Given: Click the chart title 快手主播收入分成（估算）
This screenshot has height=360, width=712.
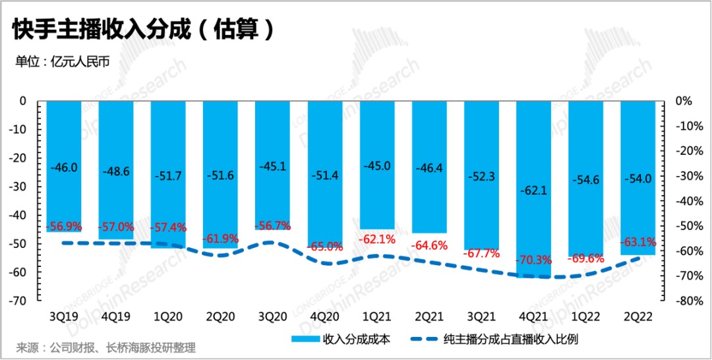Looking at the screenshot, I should tap(142, 30).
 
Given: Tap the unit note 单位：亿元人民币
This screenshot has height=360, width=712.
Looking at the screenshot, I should tap(62, 61).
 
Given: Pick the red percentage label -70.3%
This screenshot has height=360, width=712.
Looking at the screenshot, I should tap(533, 258).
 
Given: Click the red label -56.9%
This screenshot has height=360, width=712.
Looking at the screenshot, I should tap(64, 226).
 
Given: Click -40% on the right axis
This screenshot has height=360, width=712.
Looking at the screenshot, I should tap(689, 201).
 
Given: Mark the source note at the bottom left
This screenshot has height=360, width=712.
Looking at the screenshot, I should tap(106, 347).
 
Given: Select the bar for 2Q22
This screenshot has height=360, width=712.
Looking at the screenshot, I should tap(638, 145).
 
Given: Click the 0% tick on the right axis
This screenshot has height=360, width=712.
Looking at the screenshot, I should tap(684, 102).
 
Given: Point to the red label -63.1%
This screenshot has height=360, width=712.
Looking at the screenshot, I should tap(638, 241).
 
